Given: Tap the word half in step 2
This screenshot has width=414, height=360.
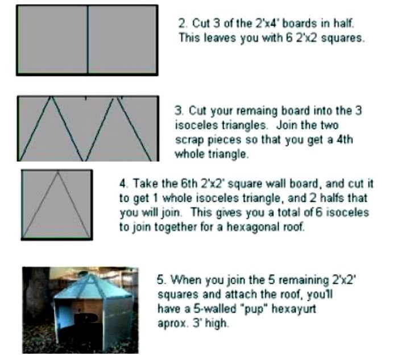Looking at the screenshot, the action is coord(343,23).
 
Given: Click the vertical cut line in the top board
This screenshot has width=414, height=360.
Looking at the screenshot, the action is coord(88,40).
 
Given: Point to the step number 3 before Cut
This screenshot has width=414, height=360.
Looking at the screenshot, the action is coord(179,110).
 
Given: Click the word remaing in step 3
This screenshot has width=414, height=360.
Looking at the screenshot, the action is coord(256,111).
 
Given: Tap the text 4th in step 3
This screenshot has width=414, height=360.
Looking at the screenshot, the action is coord(345,139).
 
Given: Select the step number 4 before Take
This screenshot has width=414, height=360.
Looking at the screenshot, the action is coord(123,183).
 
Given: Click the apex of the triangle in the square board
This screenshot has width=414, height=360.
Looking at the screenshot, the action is coord(57,172).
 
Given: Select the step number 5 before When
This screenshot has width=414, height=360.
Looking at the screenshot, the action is coord(161,280).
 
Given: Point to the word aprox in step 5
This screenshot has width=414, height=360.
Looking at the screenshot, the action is coord(173,324).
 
